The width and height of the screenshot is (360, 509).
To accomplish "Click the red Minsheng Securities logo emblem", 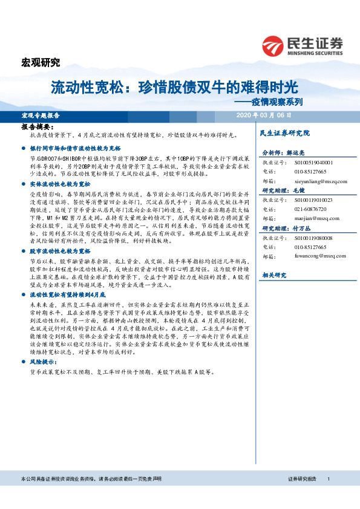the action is (x=272, y=45).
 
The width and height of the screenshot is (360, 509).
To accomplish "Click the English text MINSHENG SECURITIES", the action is (x=313, y=51).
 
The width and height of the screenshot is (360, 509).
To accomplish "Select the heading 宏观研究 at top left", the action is (x=41, y=62).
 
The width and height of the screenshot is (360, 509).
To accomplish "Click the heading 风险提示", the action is (x=41, y=361).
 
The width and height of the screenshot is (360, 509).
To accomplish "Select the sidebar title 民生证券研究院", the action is (x=284, y=132).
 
